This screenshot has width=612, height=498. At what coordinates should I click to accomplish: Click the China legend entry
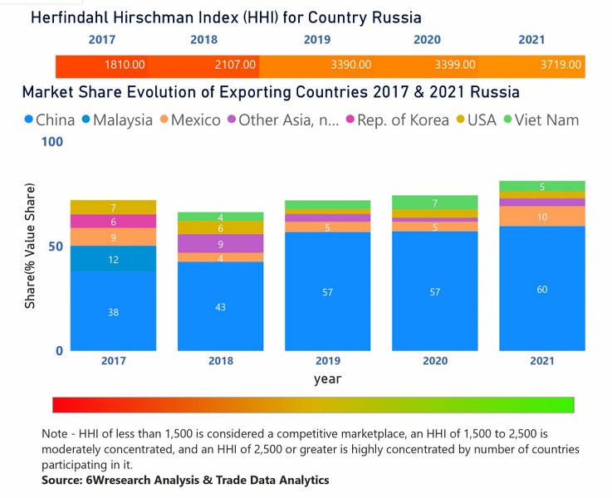(51, 120)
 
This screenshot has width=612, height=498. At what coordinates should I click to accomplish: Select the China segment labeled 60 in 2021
(542, 289)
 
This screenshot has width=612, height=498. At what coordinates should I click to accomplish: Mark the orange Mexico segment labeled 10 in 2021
(542, 217)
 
